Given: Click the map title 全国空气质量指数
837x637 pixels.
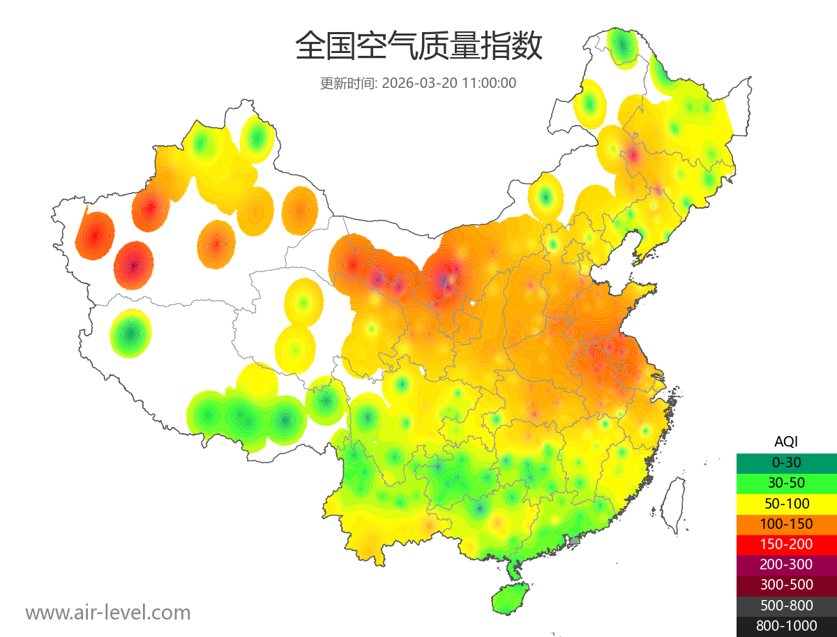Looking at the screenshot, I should [418, 47].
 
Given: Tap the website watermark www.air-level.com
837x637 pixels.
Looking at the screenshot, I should [108, 613].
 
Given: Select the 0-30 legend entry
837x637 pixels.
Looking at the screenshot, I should [786, 463].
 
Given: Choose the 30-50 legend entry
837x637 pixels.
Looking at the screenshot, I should [786, 483].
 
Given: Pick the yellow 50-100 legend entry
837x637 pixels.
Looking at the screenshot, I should [786, 503].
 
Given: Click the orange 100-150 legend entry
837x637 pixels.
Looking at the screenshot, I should [786, 524].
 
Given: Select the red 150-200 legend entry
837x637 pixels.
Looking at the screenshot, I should [786, 544].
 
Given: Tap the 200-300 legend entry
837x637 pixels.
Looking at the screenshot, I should [786, 564].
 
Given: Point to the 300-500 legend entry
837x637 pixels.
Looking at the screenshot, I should [786, 585].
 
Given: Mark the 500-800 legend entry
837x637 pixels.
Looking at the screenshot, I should [786, 606].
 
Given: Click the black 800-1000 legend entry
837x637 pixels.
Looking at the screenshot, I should [786, 626].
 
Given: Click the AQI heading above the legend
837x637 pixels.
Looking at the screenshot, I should [786, 442].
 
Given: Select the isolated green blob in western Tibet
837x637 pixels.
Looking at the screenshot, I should [131, 333].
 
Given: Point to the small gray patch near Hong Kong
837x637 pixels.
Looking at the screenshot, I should [575, 541].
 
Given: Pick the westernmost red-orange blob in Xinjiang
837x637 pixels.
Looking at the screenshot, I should [95, 235].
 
